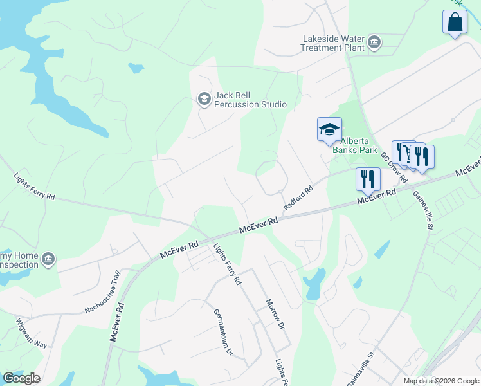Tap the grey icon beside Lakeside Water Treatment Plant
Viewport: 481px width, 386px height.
[374, 44]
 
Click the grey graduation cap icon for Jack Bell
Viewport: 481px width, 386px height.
[204, 99]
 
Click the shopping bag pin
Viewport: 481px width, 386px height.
[455, 22]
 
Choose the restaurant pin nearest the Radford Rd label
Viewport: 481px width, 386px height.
[367, 179]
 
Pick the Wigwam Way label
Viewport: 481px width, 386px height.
[32, 333]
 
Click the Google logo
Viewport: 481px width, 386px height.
[21, 378]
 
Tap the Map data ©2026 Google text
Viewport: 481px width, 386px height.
[441, 381]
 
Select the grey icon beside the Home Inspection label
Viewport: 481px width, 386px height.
[48, 260]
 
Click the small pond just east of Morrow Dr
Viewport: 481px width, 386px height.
[314, 283]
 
